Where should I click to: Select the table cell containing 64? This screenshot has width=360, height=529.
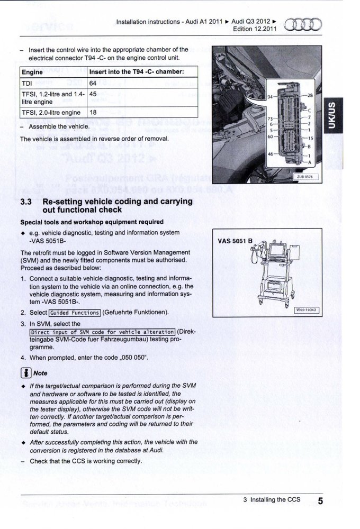(93, 84)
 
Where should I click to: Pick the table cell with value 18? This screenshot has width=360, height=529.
(93, 112)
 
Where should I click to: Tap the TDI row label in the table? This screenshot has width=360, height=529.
(27, 84)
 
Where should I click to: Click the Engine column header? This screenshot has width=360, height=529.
(32, 72)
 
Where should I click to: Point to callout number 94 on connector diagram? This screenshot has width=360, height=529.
(269, 97)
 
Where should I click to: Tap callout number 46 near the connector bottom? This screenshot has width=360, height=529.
(269, 153)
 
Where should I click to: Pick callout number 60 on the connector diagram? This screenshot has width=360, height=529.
(269, 135)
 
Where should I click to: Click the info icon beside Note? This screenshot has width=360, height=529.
(24, 373)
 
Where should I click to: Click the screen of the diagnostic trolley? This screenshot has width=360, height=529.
(276, 251)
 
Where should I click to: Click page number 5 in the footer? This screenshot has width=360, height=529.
(321, 500)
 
